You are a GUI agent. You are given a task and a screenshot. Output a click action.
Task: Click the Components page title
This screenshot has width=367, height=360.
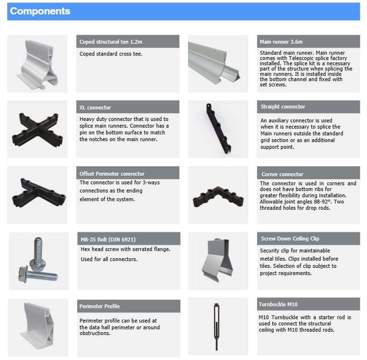click(40, 11)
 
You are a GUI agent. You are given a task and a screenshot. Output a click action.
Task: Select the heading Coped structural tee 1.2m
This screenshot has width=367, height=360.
click(111, 42)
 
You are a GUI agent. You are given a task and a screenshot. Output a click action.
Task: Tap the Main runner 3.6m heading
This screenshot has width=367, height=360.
click(281, 42)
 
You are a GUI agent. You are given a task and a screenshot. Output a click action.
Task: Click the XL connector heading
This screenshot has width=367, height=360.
click(95, 108)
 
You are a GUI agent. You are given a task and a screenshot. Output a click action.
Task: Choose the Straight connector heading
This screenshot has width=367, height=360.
click(283, 107)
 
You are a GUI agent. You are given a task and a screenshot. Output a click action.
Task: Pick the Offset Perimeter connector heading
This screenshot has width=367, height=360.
click(112, 174)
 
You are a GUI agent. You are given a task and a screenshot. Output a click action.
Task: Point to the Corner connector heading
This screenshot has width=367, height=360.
click(282, 174)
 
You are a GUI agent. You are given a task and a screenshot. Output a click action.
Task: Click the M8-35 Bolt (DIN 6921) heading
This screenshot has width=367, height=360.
click(108, 240)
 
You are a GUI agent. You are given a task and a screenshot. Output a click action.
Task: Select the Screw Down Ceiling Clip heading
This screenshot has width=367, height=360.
click(290, 239)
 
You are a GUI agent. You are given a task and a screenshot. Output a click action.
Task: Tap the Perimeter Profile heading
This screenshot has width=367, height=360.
click(99, 306)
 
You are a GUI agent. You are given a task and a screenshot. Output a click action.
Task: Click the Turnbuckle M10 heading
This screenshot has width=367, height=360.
click(278, 304)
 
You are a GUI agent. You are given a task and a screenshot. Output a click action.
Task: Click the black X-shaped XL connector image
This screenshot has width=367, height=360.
click(37, 130)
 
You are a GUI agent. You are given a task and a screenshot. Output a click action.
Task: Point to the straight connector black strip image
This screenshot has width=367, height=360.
click(218, 128)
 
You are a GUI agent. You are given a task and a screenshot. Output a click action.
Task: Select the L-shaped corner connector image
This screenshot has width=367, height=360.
click(218, 196)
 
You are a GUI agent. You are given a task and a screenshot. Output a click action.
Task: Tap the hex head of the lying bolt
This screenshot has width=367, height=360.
click(23, 274)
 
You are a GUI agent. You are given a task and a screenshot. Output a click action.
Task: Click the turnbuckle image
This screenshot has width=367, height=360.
click(216, 326)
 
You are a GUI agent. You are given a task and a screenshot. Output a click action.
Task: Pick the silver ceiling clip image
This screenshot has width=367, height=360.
click(217, 260)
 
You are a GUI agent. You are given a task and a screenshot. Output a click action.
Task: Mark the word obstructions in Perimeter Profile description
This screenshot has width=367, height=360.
click(95, 333)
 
